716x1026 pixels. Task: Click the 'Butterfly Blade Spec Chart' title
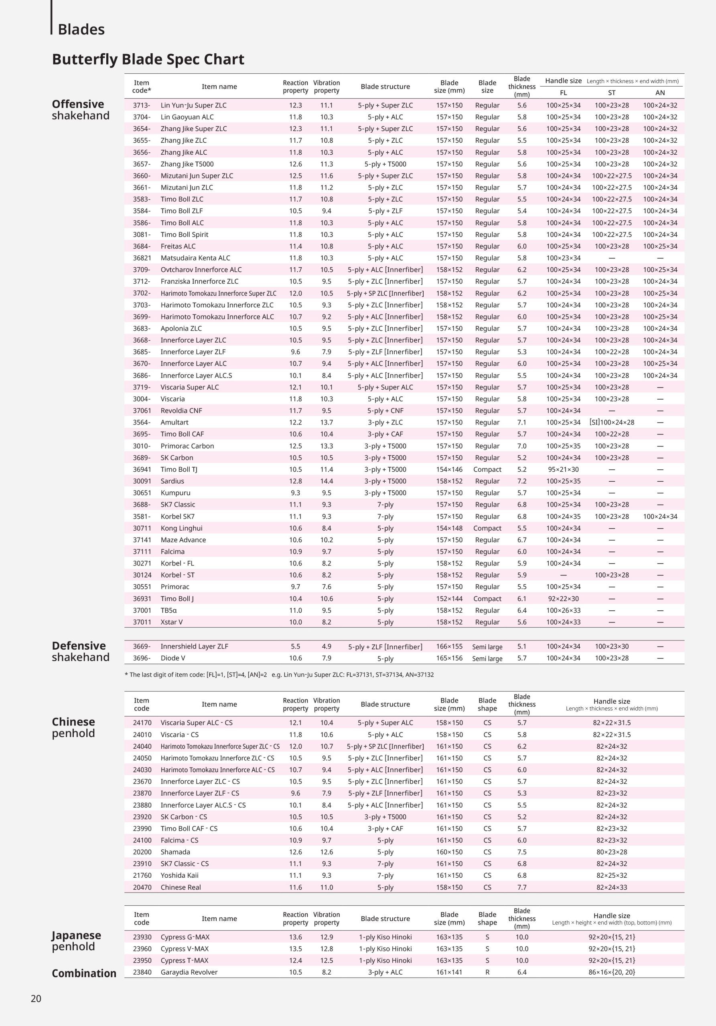pos(148,59)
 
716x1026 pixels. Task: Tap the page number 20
pos(36,999)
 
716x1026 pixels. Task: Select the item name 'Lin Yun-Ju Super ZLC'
pos(194,105)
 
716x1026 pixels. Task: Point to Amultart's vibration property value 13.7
pos(327,422)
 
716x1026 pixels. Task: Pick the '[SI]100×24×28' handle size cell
pos(611,422)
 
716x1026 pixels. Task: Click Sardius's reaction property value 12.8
pos(295,481)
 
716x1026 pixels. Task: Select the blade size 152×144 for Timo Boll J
pos(449,599)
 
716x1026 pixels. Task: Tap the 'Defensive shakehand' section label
pos(81,652)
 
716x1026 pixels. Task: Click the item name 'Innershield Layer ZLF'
pos(194,646)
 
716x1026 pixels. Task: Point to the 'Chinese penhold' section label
pos(73,727)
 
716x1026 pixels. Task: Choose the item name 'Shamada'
pos(175,852)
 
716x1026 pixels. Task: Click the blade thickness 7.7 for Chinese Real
pos(522,887)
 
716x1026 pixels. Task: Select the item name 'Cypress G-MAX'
pos(185,937)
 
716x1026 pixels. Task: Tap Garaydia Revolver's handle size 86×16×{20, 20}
pos(611,972)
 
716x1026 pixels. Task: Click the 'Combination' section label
pos(84,973)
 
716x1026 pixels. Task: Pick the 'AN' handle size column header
pos(660,93)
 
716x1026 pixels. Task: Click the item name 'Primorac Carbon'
pos(187,446)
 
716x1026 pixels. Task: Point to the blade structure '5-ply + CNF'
pos(385,411)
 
